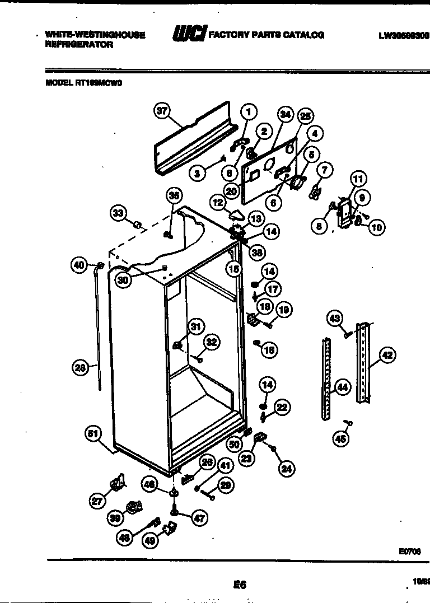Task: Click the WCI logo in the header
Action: [x=189, y=35]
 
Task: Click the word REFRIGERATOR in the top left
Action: [x=78, y=45]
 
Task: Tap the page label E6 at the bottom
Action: [x=240, y=585]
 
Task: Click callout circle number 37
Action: [x=162, y=111]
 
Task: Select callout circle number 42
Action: [x=387, y=354]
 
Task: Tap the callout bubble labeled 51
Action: [x=94, y=433]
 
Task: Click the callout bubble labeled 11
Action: [x=357, y=179]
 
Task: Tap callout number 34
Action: [x=286, y=115]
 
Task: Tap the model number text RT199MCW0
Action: [x=99, y=83]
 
